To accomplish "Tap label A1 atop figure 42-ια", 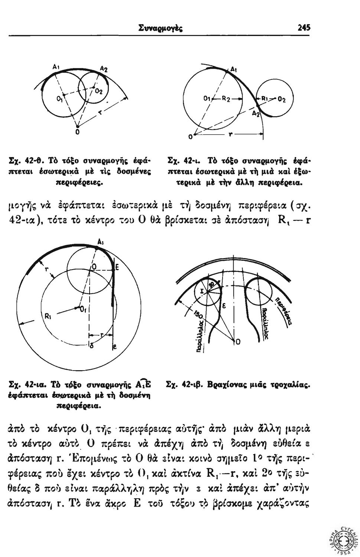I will pos(100,241).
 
